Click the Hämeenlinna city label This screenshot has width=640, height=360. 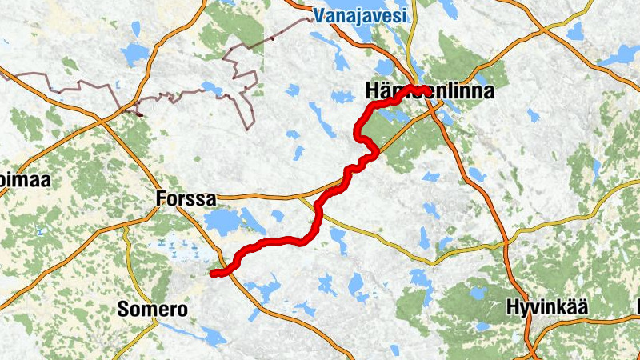[428, 91]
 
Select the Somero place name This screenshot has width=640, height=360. [152, 309]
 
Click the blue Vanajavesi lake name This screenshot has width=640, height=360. [360, 14]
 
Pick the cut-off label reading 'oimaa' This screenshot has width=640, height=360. [26, 180]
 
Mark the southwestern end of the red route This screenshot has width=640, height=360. [214, 274]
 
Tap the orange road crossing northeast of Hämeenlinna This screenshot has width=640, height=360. [544, 30]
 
